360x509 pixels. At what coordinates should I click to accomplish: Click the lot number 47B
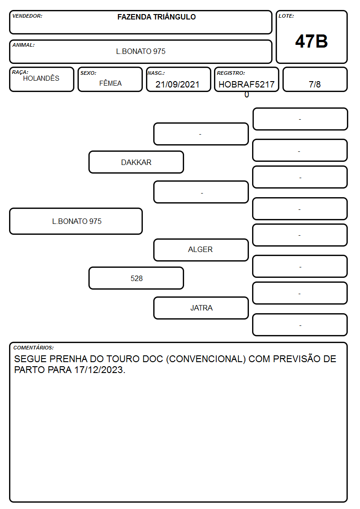(x=311, y=41)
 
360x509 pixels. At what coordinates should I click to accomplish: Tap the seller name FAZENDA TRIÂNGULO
(x=156, y=17)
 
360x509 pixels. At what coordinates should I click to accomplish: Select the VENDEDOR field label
(x=27, y=16)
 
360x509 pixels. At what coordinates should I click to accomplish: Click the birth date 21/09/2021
(x=177, y=84)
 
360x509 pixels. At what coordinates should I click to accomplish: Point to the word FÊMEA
(x=110, y=83)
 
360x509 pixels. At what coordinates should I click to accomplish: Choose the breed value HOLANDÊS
(x=41, y=78)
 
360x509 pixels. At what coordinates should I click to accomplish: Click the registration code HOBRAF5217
(x=246, y=84)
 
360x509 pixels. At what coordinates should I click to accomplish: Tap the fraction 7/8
(x=315, y=84)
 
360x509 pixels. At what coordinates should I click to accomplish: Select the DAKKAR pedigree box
(x=136, y=162)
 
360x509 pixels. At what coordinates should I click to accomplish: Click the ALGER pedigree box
(x=201, y=250)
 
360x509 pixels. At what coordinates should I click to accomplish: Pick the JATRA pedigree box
(x=201, y=308)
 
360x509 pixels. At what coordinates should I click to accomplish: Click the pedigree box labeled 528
(x=136, y=278)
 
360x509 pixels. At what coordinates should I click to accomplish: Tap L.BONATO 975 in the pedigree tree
(x=77, y=221)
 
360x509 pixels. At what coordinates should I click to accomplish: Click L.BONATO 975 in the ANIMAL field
(x=141, y=51)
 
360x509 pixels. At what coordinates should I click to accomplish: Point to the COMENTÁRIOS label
(x=34, y=348)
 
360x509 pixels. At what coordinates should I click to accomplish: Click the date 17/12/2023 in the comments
(x=99, y=370)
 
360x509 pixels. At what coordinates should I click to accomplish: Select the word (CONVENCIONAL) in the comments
(x=206, y=359)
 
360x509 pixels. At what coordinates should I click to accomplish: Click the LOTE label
(x=286, y=16)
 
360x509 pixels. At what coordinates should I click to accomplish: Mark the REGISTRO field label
(x=231, y=73)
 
